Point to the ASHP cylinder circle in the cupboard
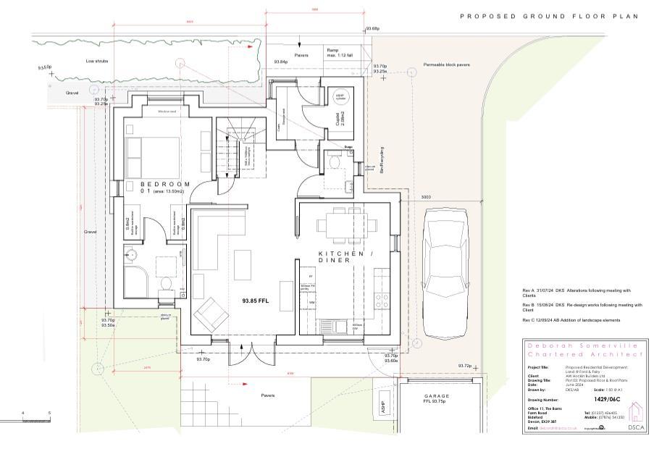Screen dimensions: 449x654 tap(338, 97)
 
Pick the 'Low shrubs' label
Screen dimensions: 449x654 tap(96, 62)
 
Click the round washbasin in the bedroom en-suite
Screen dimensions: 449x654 tap(133, 254)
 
